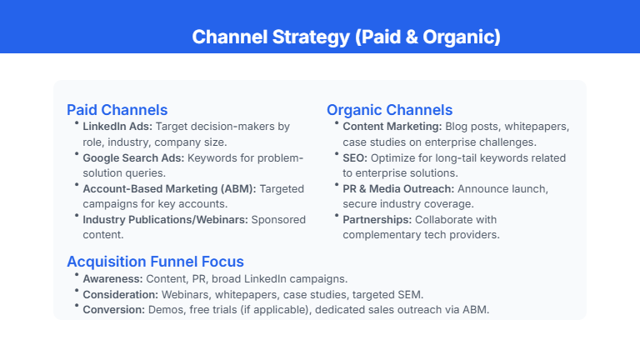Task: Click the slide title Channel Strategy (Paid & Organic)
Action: coord(346,37)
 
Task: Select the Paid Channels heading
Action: coord(117,110)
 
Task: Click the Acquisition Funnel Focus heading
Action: coord(155,262)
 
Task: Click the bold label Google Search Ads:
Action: coord(133,157)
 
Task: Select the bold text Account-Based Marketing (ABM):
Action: coord(169,189)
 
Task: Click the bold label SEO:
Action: coord(356,157)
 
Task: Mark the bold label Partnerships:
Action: coord(377,220)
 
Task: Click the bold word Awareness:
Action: coord(112,278)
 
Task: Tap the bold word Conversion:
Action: coord(113,310)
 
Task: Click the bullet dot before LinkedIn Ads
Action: coord(77,124)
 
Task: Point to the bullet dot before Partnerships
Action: coord(337,217)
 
